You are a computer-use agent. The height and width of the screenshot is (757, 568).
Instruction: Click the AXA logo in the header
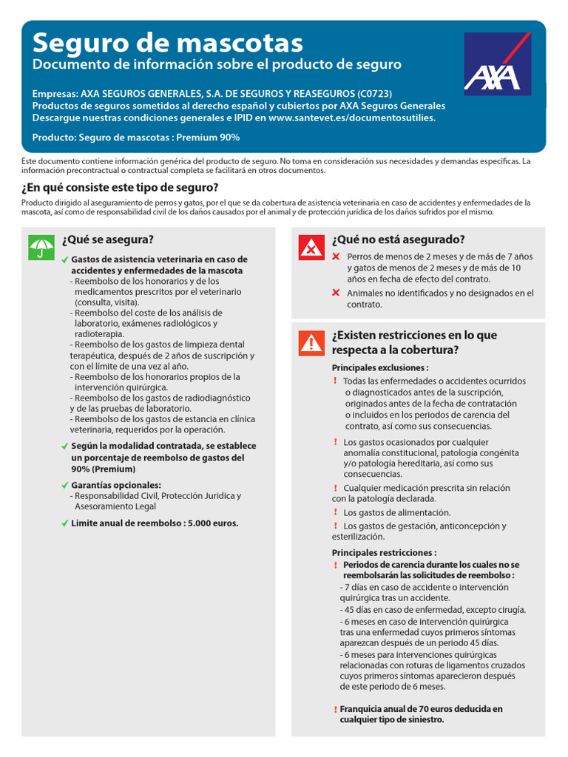(497, 64)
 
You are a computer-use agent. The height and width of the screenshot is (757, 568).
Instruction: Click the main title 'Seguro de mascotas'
(168, 41)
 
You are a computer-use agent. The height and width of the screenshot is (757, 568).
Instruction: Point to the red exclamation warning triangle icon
(311, 343)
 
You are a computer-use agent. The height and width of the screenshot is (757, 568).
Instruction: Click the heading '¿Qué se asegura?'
(108, 240)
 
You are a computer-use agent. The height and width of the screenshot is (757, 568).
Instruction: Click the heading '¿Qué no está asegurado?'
(399, 240)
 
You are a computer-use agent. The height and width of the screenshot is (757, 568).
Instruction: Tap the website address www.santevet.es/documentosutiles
(352, 117)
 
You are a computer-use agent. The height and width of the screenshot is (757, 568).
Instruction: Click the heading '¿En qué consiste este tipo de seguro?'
(120, 187)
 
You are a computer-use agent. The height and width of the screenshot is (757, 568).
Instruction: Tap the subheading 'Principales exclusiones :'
(380, 367)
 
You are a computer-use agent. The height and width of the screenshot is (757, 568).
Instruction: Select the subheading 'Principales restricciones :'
(384, 552)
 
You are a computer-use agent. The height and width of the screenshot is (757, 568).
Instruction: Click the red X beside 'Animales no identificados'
(336, 293)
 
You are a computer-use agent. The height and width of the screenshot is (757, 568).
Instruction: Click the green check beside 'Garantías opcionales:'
(65, 485)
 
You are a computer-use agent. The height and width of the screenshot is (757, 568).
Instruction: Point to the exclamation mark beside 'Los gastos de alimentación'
(335, 512)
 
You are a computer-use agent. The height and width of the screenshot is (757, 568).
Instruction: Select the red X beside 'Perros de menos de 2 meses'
(336, 257)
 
